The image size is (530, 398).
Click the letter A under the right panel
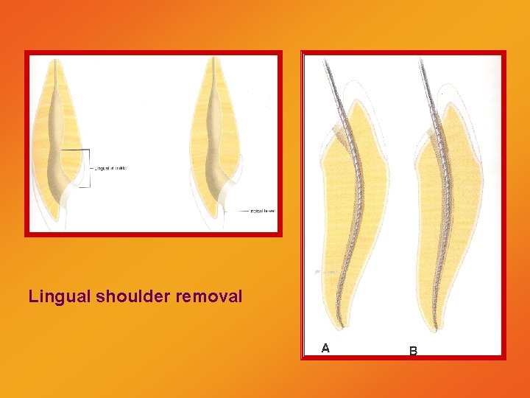pyautogui.click(x=325, y=348)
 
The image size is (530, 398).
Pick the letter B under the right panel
pyautogui.click(x=413, y=352)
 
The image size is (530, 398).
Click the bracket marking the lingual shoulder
pyautogui.click(x=89, y=168)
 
